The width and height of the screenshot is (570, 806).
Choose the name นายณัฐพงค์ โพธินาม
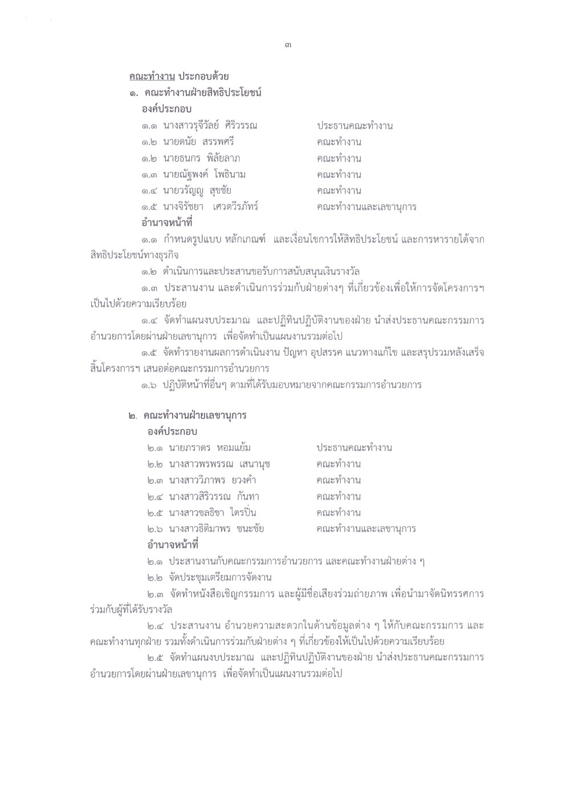205,174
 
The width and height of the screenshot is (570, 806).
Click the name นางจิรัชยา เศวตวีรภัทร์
210,206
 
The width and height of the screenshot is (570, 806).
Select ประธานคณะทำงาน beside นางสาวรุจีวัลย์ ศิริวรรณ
355,125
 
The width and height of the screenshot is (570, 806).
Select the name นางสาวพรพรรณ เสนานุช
215,464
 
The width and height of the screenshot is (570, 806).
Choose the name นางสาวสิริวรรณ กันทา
210,496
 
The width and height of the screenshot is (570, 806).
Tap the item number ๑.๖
151,385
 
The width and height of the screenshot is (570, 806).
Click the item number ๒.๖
151,528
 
